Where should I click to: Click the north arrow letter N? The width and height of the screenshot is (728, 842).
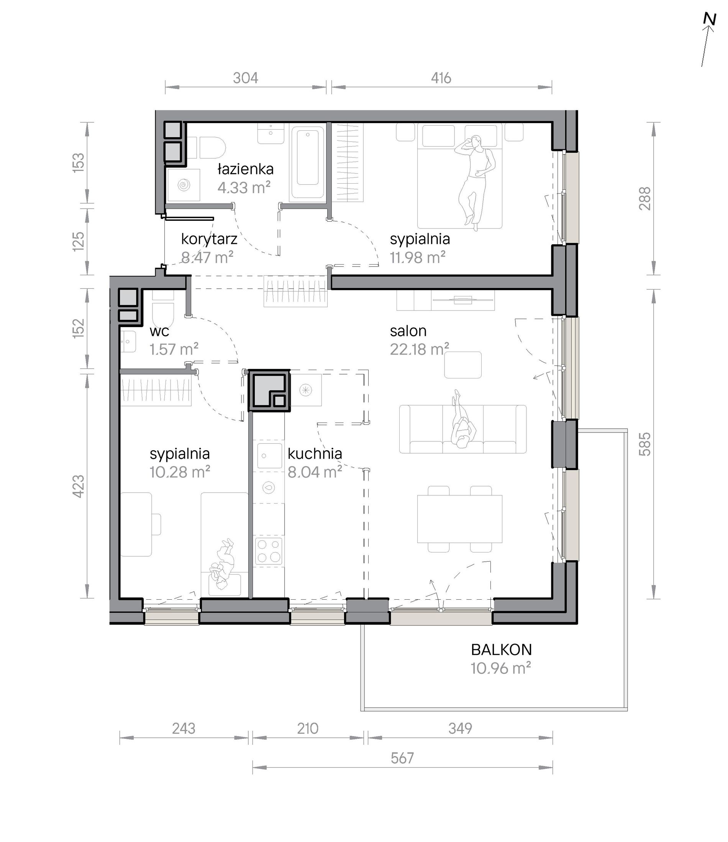tap(710, 20)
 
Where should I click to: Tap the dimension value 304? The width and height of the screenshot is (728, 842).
tap(245, 78)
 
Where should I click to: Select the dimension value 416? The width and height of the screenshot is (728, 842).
tap(441, 78)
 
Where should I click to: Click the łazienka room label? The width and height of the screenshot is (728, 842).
tap(245, 169)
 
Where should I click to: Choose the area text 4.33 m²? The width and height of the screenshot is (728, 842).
tap(244, 187)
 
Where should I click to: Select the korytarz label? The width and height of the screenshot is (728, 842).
tap(209, 239)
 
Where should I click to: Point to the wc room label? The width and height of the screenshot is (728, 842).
tap(159, 331)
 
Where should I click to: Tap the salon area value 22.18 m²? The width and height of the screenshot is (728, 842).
tap(420, 349)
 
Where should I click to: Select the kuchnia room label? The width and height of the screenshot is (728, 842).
tap(315, 454)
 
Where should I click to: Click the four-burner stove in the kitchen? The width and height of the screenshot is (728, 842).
tap(269, 551)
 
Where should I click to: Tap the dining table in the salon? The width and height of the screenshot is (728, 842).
tap(459, 519)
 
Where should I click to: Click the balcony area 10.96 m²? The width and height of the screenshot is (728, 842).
tap(501, 668)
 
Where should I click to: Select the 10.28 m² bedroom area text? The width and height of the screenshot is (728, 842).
tap(180, 472)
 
